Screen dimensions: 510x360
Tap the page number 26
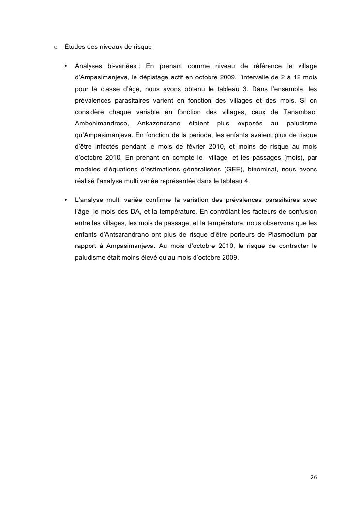[314, 477]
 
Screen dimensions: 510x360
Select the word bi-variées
[119, 65]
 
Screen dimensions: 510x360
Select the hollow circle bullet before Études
[56, 47]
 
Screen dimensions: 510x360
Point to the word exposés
[250, 123]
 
